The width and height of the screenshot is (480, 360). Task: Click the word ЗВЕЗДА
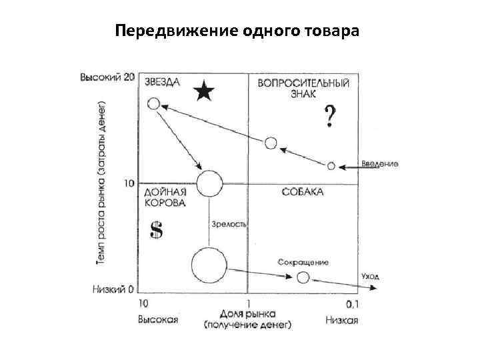(x=162, y=81)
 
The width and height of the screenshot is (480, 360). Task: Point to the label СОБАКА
(x=302, y=192)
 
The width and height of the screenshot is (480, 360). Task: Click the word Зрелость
(x=229, y=224)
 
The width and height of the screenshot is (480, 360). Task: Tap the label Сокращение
(x=305, y=262)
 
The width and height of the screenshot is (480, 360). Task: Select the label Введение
(x=380, y=163)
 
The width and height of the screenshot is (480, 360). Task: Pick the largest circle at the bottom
(x=209, y=265)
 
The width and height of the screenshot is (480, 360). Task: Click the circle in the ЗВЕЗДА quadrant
(x=153, y=103)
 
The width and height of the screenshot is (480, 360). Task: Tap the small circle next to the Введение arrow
(x=331, y=165)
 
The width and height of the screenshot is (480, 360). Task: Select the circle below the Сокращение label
(x=303, y=277)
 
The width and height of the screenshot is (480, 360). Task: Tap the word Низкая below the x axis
(x=342, y=320)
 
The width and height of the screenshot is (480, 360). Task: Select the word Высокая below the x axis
(x=158, y=320)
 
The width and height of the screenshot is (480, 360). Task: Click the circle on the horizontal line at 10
(x=209, y=183)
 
